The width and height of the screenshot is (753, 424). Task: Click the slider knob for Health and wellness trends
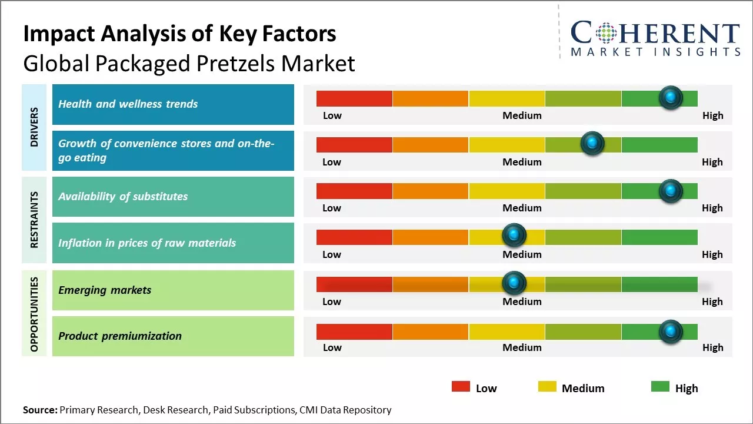coord(670,97)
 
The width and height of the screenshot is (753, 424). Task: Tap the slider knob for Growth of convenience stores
coord(592,143)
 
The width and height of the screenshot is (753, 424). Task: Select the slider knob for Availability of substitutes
coord(670,190)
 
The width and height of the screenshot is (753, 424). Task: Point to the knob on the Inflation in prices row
coord(514,236)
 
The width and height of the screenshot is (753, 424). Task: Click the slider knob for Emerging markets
coord(514,283)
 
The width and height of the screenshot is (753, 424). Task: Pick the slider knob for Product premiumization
coord(670,331)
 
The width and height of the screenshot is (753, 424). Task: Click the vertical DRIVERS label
coord(34,127)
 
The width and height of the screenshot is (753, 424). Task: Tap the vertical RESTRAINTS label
coord(34,220)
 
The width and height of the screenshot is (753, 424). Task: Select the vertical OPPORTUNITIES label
coord(34,314)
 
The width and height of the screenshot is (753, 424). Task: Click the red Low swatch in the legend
coord(461,387)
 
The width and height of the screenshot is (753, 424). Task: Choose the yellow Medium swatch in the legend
coord(547,387)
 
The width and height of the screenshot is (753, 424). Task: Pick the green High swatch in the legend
coord(660,387)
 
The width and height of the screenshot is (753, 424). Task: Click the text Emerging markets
coord(105,290)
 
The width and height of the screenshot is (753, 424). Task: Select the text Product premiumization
coord(120,336)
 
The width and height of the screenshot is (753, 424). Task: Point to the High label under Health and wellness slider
coord(712,115)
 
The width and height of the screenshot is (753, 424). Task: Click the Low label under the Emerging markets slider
coord(332,302)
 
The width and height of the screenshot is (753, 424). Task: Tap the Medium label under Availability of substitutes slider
coord(522,208)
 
